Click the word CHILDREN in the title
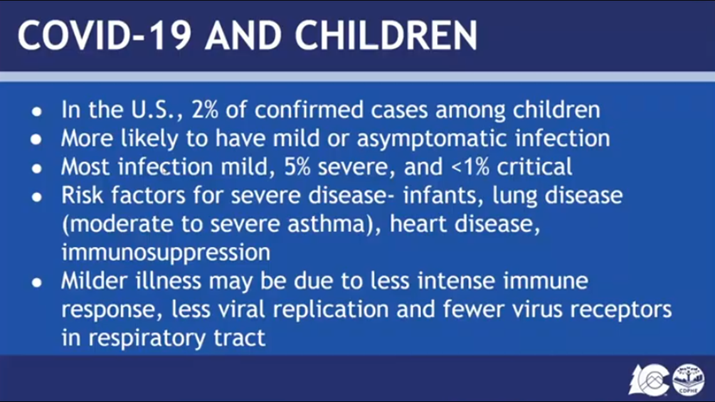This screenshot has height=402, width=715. click(386, 35)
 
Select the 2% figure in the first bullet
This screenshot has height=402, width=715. click(204, 110)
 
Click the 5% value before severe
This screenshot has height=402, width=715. click(297, 167)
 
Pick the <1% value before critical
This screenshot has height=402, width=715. click(470, 167)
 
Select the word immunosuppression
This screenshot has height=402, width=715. click(166, 253)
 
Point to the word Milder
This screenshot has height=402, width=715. click(94, 281)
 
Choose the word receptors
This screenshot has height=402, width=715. click(621, 310)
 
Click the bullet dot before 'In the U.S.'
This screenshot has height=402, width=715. click(36, 111)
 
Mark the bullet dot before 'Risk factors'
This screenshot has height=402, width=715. click(36, 197)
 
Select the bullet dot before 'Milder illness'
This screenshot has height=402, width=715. click(36, 283)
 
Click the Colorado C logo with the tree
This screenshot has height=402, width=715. click(649, 379)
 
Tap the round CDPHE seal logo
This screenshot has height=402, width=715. click(689, 379)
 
